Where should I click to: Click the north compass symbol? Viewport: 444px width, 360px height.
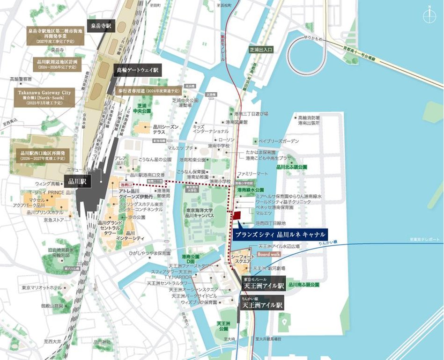pyautogui.click(x=429, y=16)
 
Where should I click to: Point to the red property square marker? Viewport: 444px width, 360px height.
pyautogui.click(x=237, y=215)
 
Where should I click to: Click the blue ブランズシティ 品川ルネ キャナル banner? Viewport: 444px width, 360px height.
pyautogui.click(x=280, y=234)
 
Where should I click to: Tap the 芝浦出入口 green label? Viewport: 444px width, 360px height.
pyautogui.click(x=260, y=49)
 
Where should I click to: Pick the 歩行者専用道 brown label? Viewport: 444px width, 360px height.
pyautogui.click(x=147, y=90)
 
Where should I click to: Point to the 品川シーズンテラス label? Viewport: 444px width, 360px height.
pyautogui.click(x=164, y=129)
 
